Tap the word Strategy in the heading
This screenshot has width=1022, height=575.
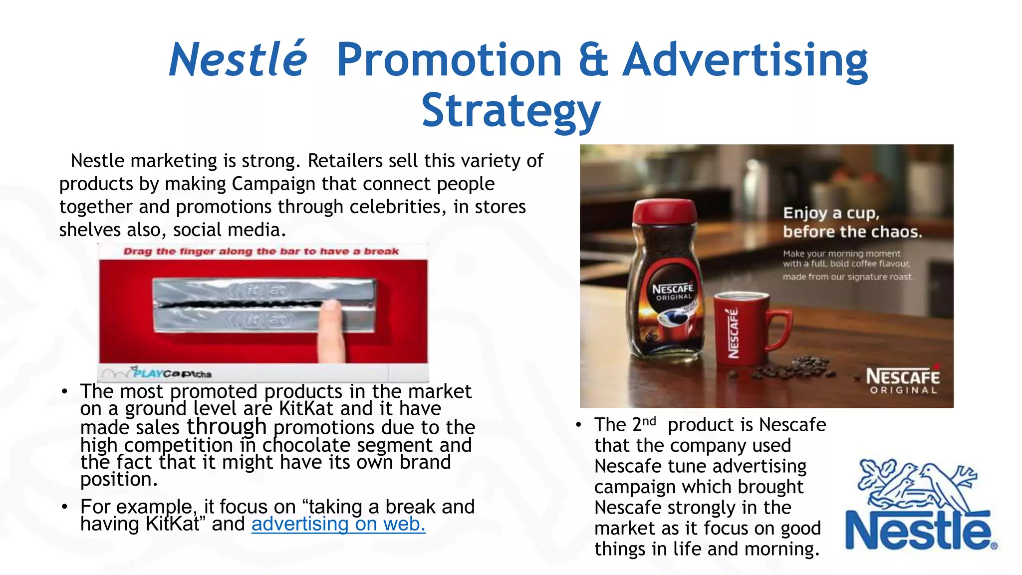(x=511, y=111)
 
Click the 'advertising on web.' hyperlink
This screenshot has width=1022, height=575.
(x=338, y=524)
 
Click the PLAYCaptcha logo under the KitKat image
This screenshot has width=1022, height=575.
(x=172, y=373)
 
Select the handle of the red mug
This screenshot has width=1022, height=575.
(x=778, y=329)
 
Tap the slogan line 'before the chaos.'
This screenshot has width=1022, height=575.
(x=852, y=232)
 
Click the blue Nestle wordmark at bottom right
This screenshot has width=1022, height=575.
(x=918, y=531)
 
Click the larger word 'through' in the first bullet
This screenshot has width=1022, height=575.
(x=227, y=426)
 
